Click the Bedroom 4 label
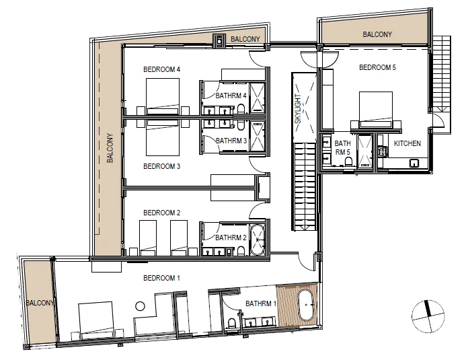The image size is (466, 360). (161, 69)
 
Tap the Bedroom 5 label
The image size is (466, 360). (377, 67)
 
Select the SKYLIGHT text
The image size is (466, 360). (298, 108)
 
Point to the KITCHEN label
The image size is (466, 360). (407, 143)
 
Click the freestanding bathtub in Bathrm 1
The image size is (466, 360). (307, 305)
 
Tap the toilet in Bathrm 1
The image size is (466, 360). (231, 323)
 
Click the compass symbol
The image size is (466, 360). (428, 316)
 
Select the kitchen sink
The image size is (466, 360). (414, 163)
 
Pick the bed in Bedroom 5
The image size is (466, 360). (376, 110)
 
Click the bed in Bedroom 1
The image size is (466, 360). (95, 321)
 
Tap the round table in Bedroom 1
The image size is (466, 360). (140, 306)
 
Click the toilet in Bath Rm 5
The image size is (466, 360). (348, 161)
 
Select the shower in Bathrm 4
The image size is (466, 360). (257, 98)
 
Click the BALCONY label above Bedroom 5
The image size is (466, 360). (377, 34)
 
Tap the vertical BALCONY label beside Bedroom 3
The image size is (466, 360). (110, 148)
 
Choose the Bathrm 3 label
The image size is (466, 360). (231, 141)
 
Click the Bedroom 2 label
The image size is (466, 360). (161, 213)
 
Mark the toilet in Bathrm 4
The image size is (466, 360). (241, 109)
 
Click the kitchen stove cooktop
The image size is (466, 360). (383, 151)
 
